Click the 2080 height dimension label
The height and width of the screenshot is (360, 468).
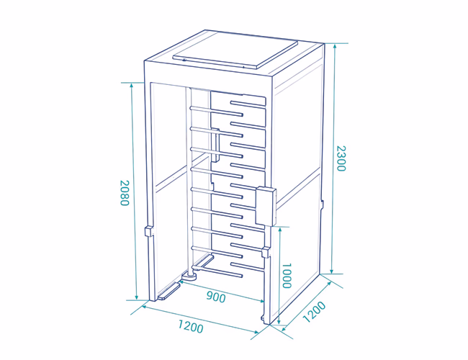pyautogui.click(x=125, y=193)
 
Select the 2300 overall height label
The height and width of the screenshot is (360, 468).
pyautogui.click(x=341, y=158)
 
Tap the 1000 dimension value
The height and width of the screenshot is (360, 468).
pyautogui.click(x=287, y=276)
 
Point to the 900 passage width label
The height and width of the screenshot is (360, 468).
pyautogui.click(x=216, y=297)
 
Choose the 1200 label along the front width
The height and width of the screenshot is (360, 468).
pyautogui.click(x=191, y=326)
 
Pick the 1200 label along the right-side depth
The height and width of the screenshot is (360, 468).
pyautogui.click(x=315, y=312)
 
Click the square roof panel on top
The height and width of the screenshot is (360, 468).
pyautogui.click(x=235, y=50)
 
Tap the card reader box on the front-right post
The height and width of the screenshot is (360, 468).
pyautogui.click(x=266, y=206)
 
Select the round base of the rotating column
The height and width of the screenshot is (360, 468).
pyautogui.click(x=189, y=276)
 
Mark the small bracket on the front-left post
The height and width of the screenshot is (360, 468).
pyautogui.click(x=148, y=232)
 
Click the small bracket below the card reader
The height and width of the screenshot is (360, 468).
pyautogui.click(x=266, y=253)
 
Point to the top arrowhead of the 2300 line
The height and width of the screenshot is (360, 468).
pyautogui.click(x=335, y=46)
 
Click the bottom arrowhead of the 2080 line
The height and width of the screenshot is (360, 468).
pyautogui.click(x=137, y=297)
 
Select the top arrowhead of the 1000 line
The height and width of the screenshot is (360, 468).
pyautogui.click(x=279, y=230)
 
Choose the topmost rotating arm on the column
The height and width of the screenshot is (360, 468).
pyautogui.click(x=217, y=111)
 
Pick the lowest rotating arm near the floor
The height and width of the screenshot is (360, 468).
pyautogui.click(x=217, y=271)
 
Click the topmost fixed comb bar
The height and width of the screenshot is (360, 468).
pyautogui.click(x=248, y=104)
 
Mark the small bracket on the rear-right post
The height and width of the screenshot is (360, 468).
pyautogui.click(x=322, y=204)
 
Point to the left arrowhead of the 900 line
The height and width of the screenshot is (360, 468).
pyautogui.click(x=181, y=282)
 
